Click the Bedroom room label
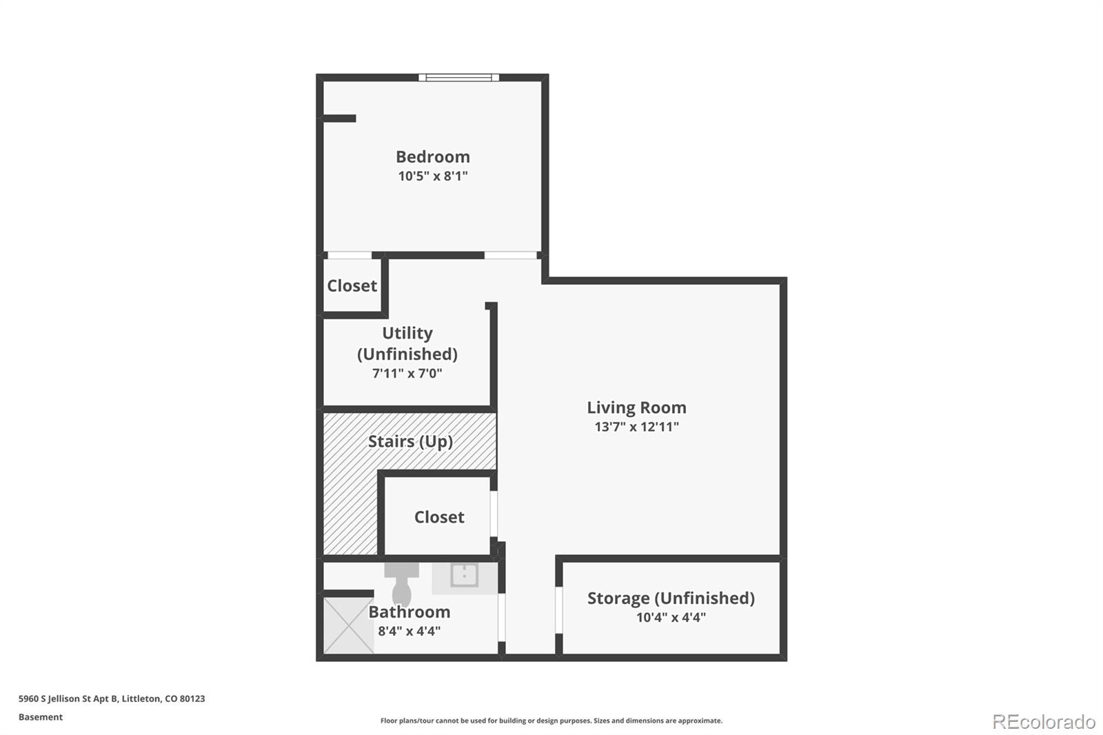coord(432,157)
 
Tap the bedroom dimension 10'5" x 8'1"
coord(432,176)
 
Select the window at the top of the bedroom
coord(458,77)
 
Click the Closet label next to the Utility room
coord(352,285)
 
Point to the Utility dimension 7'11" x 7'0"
coord(407,374)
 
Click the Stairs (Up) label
coord(410,441)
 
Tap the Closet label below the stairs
coord(439,517)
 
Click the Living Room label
coord(636,407)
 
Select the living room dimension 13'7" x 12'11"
coord(636,427)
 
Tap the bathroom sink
coord(464,575)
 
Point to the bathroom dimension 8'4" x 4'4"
coord(409,631)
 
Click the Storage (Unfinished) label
coord(671,598)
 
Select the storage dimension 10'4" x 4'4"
coord(671,617)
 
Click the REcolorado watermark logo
coord(1044,721)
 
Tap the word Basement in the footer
coord(41,717)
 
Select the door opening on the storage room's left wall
coord(559,610)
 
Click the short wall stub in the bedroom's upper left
coord(339,119)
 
